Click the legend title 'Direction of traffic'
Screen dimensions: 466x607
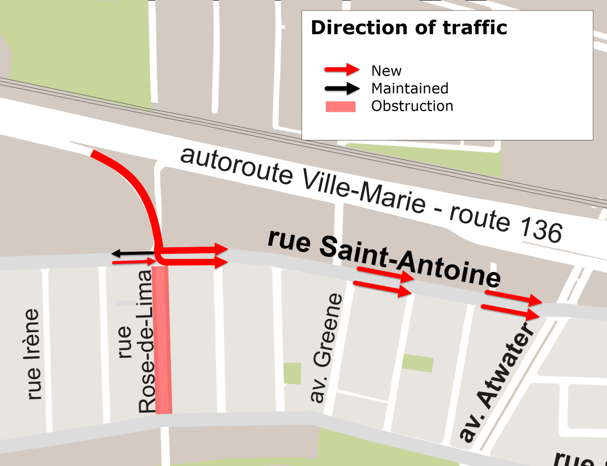409,28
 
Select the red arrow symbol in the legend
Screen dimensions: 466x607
341,70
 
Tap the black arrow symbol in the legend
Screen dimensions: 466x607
341,88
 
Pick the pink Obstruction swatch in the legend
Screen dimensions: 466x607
340,106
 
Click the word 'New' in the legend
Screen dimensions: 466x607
386,70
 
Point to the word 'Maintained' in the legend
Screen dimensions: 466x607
410,88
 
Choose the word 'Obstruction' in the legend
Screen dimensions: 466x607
412,106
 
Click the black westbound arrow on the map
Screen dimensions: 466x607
133,252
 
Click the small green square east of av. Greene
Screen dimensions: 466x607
417,363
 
